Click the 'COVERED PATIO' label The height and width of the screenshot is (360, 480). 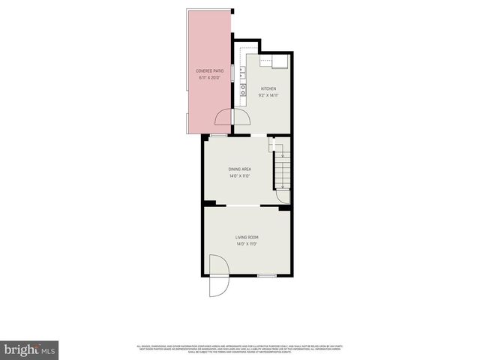[x=209, y=70]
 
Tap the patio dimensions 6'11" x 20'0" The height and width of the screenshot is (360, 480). [x=209, y=77]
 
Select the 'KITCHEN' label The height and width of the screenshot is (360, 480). [x=268, y=88]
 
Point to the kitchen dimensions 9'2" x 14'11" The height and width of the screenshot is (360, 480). [x=268, y=95]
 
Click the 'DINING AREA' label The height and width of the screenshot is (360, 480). [x=239, y=169]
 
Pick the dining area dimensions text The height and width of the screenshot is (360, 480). [x=239, y=176]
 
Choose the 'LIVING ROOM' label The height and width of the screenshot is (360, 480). [x=247, y=237]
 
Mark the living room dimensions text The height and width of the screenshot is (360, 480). [x=247, y=244]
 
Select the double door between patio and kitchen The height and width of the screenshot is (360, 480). [x=232, y=118]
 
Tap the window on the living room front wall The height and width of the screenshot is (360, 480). [x=266, y=276]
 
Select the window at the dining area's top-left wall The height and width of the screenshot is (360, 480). [x=218, y=135]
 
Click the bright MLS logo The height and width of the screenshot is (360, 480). [x=29, y=349]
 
